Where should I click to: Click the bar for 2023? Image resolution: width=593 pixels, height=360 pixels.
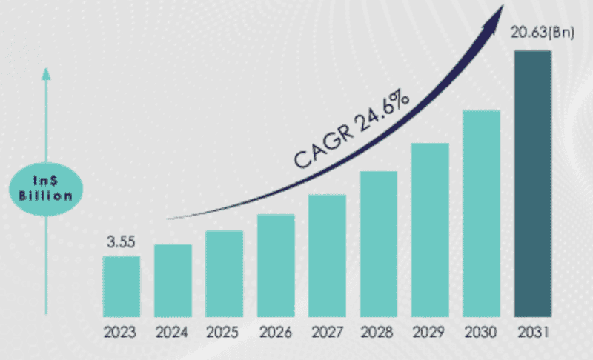coord(121,286)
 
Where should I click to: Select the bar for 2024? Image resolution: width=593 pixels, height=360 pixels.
coord(173,280)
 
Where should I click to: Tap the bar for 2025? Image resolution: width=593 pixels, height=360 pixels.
coord(224,273)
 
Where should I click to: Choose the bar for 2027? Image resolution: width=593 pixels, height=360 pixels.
coord(327,256)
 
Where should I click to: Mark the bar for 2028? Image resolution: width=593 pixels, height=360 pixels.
coord(379,244)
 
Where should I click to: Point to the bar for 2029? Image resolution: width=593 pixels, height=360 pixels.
coord(430,230)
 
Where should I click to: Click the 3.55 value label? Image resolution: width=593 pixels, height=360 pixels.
coord(121,242)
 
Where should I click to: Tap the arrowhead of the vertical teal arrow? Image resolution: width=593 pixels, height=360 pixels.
coord(46,74)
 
